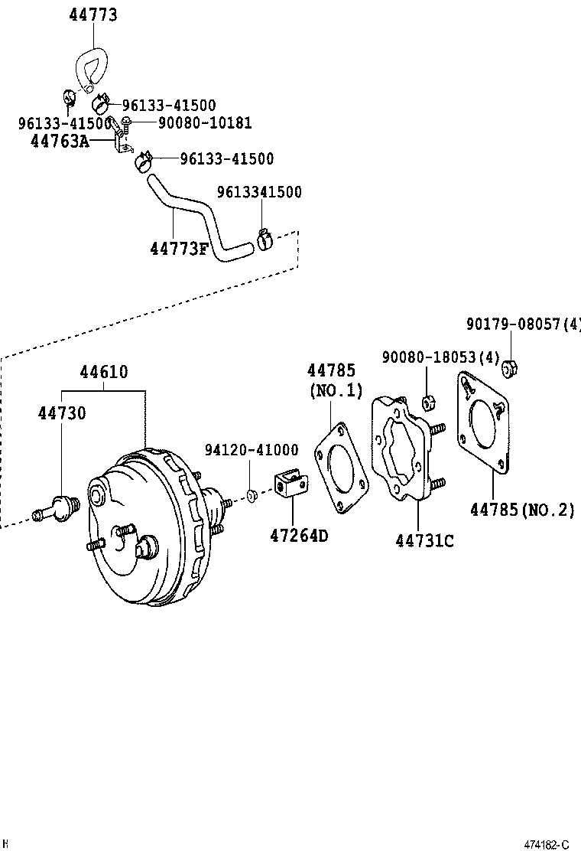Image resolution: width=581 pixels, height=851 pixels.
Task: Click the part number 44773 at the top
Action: (x=93, y=15)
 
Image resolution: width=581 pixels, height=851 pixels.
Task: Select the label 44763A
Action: (x=60, y=142)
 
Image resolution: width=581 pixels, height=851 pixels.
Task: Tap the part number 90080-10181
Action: (x=205, y=122)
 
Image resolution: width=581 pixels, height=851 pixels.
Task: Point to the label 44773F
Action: (x=179, y=249)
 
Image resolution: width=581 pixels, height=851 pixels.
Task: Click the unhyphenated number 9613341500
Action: (x=260, y=192)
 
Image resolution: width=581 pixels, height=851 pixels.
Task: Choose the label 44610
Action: (x=104, y=372)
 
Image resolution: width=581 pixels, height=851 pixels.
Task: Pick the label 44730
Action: (x=62, y=413)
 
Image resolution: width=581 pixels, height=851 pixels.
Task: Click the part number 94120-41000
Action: (x=252, y=450)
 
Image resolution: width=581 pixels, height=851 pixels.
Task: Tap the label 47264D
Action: (x=299, y=536)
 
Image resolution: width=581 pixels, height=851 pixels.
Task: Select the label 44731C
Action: (x=425, y=541)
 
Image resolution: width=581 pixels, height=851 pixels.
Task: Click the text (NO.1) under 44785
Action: (x=336, y=391)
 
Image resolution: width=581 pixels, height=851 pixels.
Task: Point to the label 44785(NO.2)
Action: (x=522, y=510)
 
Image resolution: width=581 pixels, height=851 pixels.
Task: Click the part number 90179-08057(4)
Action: (x=524, y=324)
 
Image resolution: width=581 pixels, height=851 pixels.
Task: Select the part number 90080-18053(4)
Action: (x=440, y=357)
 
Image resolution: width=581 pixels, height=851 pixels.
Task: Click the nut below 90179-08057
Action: (x=509, y=369)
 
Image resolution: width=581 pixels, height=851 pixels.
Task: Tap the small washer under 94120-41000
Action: (x=252, y=495)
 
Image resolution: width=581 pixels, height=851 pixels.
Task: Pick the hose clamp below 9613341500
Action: (x=264, y=239)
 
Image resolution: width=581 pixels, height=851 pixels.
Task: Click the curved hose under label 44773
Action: (x=90, y=70)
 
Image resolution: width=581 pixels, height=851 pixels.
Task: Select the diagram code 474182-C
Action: (x=547, y=844)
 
